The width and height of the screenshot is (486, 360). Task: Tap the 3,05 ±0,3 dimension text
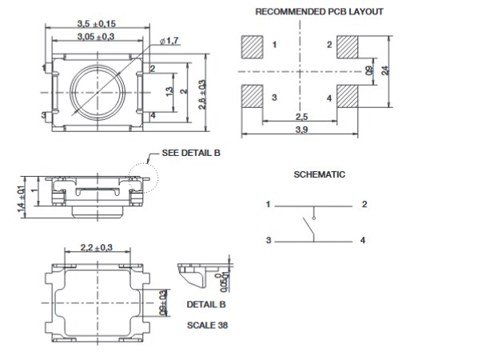(x=94, y=37)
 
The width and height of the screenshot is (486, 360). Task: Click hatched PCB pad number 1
(x=251, y=46)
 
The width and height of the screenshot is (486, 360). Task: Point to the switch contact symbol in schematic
(x=309, y=228)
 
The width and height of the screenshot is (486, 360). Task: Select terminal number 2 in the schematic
(x=364, y=205)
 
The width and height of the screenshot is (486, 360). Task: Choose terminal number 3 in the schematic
(x=269, y=240)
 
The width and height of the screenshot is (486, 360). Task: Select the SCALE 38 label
(x=206, y=326)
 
